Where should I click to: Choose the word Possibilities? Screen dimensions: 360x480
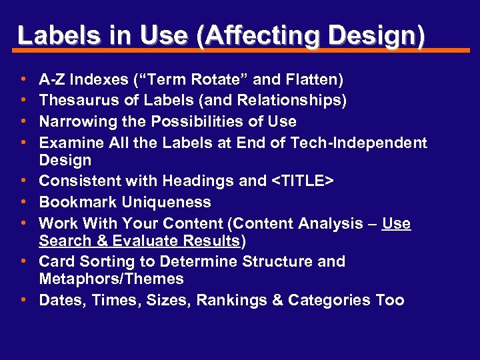(191, 121)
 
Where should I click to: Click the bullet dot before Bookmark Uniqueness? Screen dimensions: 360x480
(23, 202)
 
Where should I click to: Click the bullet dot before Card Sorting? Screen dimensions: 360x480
(23, 261)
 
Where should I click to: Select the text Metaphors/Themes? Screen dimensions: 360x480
(111, 279)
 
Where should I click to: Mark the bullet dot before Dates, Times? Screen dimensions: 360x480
(23, 300)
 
